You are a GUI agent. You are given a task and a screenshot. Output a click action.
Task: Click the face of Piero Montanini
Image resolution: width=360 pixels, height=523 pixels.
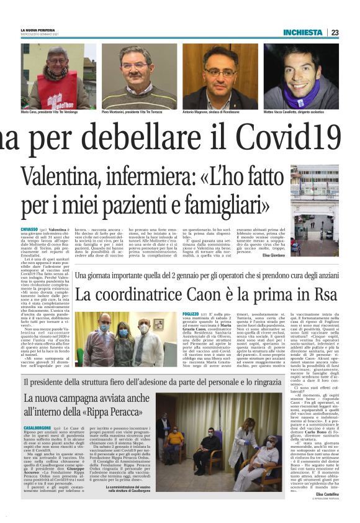[138, 65]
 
